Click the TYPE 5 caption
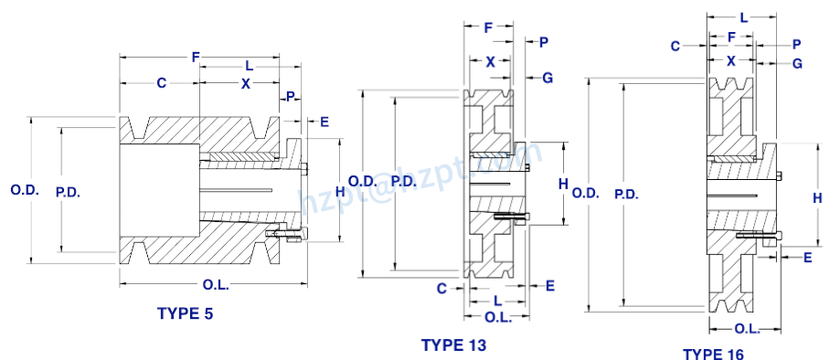[186, 313]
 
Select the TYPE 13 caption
[453, 344]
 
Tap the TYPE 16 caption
[713, 354]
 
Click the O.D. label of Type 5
[24, 190]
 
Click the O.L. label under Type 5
[216, 285]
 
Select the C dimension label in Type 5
[161, 84]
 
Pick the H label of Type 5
[340, 191]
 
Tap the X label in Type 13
[491, 62]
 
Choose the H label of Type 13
[563, 184]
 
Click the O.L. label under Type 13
[497, 316]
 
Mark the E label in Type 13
[550, 286]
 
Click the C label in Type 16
[675, 45]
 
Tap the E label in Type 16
[808, 258]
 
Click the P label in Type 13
[544, 42]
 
